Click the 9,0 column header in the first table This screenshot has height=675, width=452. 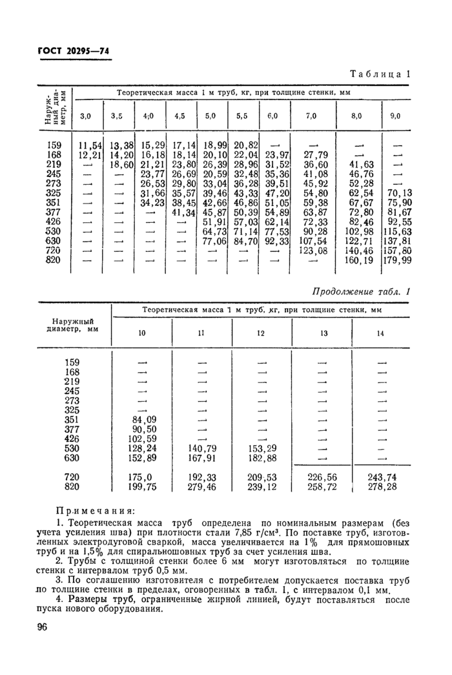point(395,116)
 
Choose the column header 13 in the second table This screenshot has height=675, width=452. point(322,333)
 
